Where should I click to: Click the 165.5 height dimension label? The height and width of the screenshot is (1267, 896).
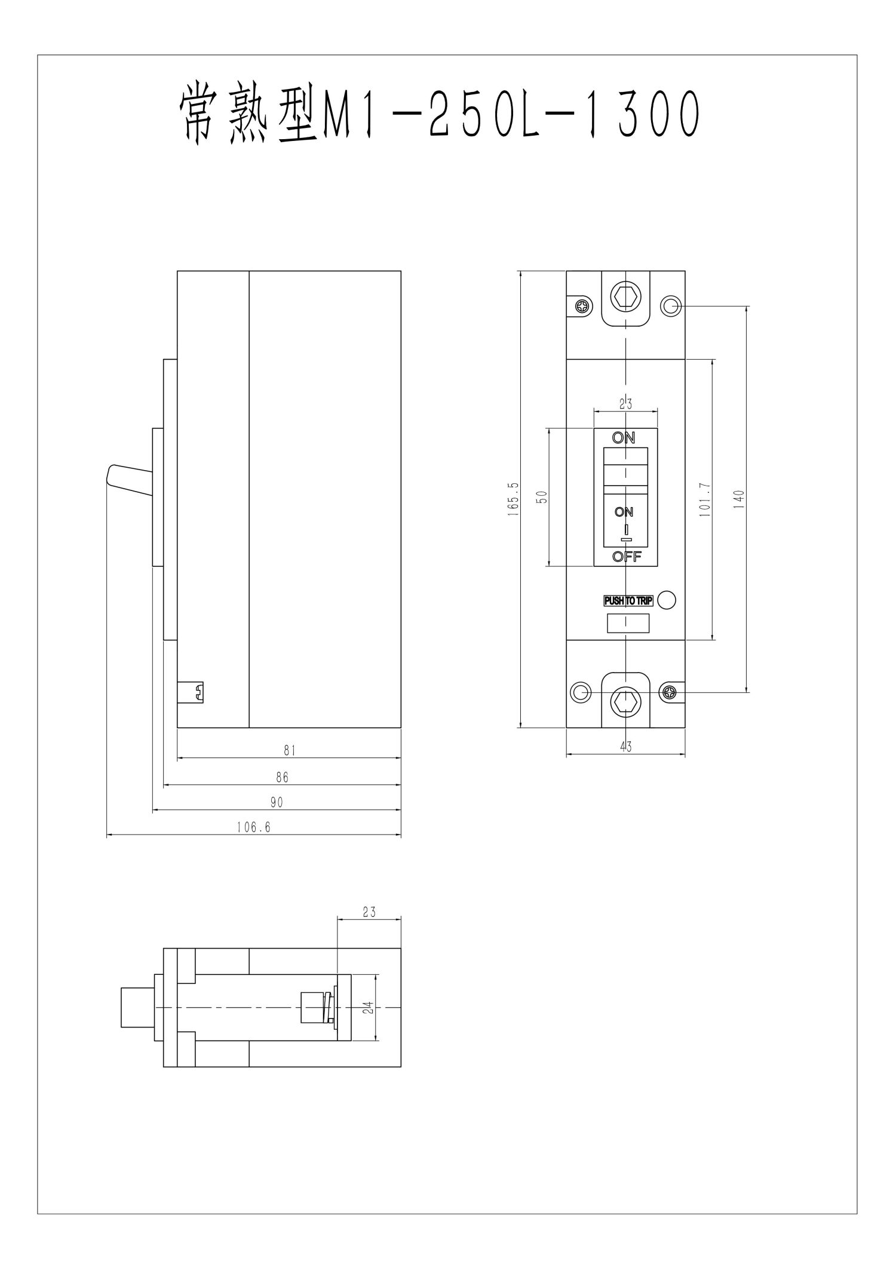click(515, 499)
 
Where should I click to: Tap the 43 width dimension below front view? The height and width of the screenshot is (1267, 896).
click(625, 746)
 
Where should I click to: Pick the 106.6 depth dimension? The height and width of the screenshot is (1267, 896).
click(253, 827)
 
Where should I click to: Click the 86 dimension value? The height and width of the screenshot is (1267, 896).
click(282, 777)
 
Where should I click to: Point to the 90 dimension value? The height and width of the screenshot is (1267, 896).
click(277, 802)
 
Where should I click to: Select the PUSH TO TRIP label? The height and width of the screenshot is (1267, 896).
click(628, 600)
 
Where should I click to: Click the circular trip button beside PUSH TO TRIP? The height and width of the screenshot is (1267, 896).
click(667, 600)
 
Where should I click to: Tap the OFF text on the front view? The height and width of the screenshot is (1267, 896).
click(627, 557)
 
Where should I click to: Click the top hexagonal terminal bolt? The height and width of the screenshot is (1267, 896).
click(625, 296)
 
